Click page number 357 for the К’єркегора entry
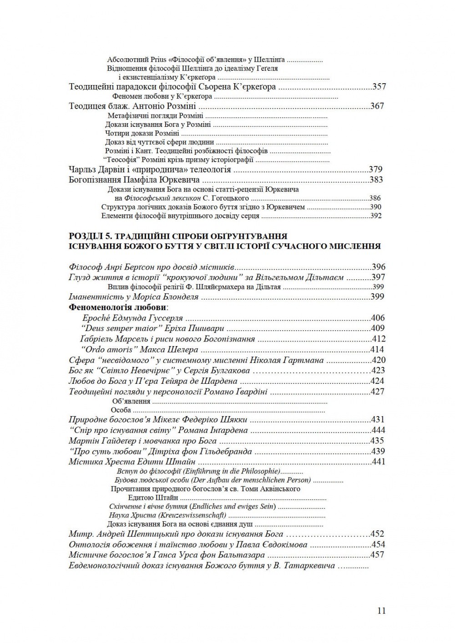click(x=379, y=86)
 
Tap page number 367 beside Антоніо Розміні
click(x=378, y=106)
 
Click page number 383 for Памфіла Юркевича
click(x=377, y=180)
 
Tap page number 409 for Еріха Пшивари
click(x=378, y=328)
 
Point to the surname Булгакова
click(x=227, y=371)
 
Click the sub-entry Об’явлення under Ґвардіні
click(x=131, y=401)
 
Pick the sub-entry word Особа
click(x=121, y=410)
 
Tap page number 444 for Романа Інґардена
click(x=378, y=430)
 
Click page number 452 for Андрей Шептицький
click(x=378, y=534)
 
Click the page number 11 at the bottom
click(x=381, y=611)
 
